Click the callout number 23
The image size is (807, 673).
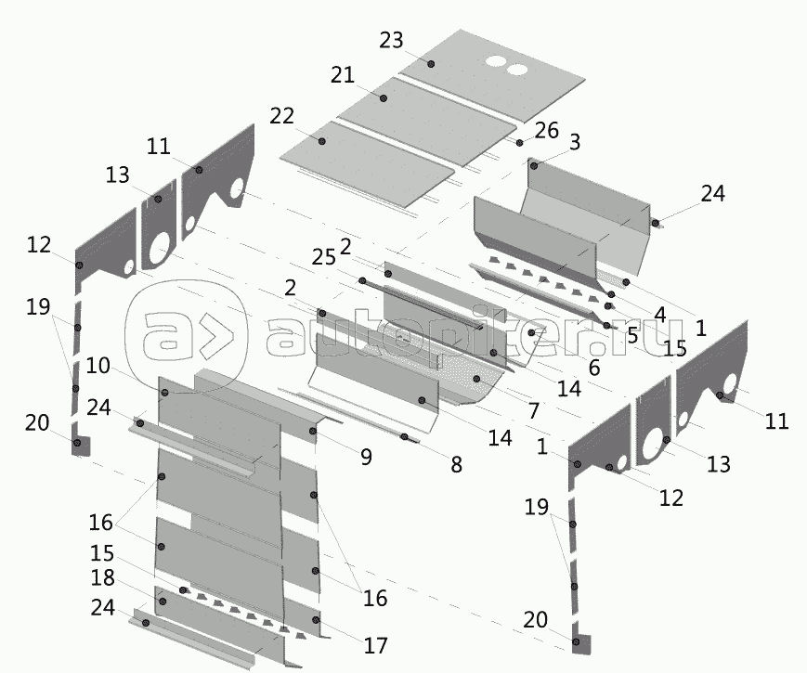coord(392,40)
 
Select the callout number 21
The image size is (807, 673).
coord(344,74)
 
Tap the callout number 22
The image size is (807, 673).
coord(282,116)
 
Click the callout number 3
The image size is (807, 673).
coord(575,142)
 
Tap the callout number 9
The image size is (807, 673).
coord(365,456)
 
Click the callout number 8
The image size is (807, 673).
coord(455,465)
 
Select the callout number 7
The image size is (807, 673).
coord(533,409)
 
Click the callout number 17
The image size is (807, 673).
coord(375,645)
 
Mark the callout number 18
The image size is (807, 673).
coord(104,578)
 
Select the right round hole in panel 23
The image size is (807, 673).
coord(516,69)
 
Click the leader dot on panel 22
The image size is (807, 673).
coord(322,140)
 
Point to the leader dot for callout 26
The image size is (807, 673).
coord(520,142)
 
